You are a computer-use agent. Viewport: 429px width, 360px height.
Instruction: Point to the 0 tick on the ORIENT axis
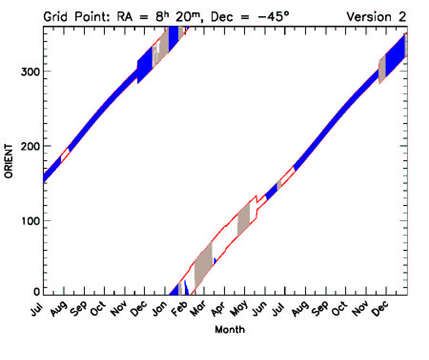(37, 292)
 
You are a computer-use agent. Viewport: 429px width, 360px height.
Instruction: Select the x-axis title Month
(230, 329)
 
